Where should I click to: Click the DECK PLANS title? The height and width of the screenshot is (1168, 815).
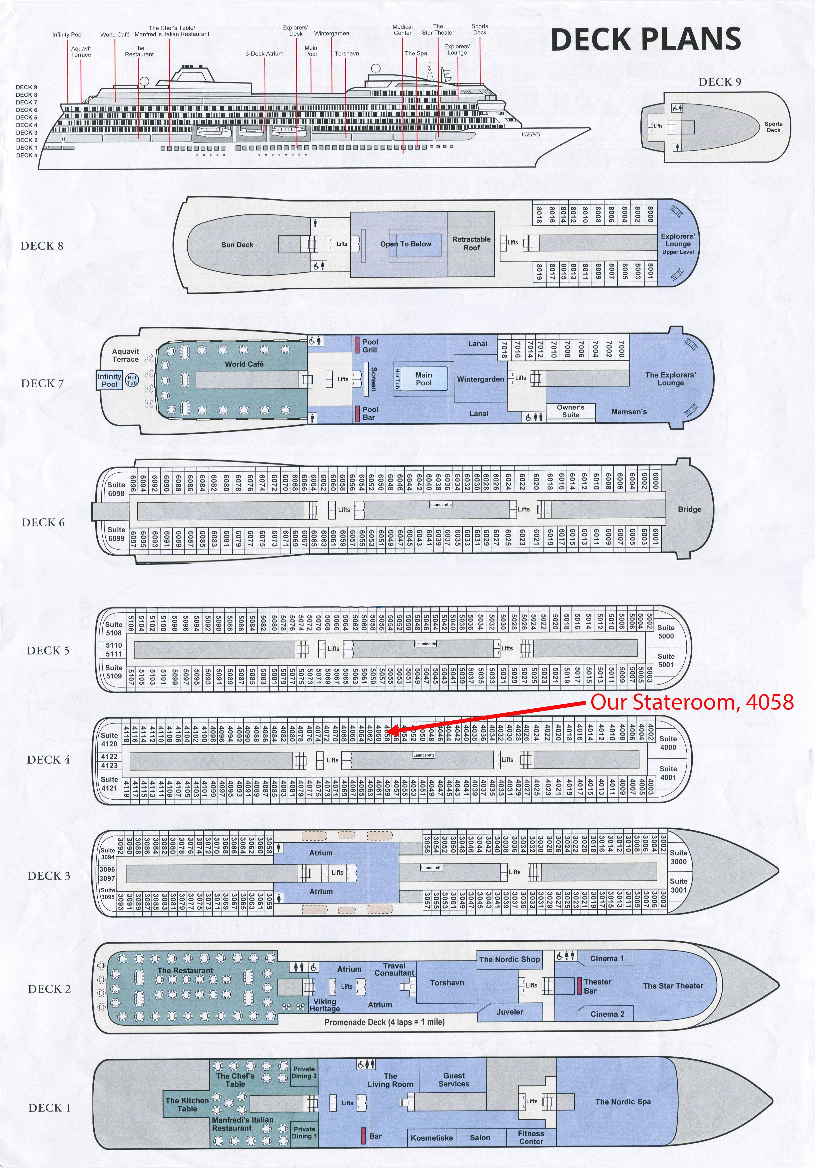(x=646, y=39)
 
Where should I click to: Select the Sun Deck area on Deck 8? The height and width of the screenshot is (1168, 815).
(x=237, y=245)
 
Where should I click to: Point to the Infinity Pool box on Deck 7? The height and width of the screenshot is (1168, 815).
(x=109, y=380)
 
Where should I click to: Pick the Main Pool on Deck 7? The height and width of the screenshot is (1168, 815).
(x=423, y=379)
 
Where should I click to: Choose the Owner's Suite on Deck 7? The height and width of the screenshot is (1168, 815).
(x=570, y=411)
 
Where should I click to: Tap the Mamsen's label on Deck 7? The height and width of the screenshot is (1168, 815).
(x=629, y=412)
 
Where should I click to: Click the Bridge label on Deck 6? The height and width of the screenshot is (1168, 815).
(x=689, y=509)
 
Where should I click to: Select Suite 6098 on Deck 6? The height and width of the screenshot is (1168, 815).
(x=116, y=489)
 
